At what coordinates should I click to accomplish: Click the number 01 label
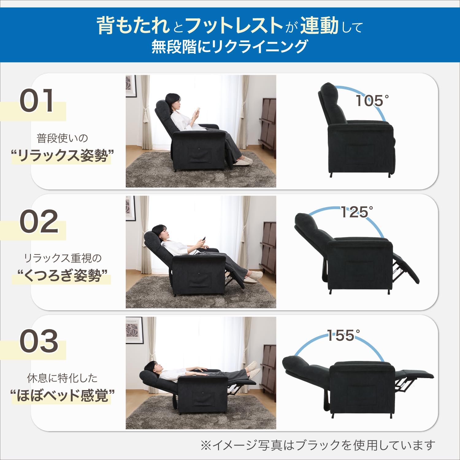pos(37,101)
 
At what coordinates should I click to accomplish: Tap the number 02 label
pos(39,221)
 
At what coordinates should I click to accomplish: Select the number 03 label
pos(39,341)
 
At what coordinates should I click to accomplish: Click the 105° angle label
pos(372,101)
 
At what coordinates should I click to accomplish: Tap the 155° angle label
pos(343,335)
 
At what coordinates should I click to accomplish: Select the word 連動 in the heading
pos(319,25)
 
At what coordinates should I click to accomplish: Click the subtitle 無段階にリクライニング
pos(229,47)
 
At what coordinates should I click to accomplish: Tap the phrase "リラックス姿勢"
pos(62,155)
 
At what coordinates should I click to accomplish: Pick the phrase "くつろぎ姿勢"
pos(62,275)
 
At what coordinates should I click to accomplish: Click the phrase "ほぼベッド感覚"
pos(62,395)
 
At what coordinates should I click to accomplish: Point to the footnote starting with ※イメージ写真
pos(317,445)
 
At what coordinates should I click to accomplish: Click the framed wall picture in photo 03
pos(134,330)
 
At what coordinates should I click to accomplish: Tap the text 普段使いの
pos(62,138)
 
